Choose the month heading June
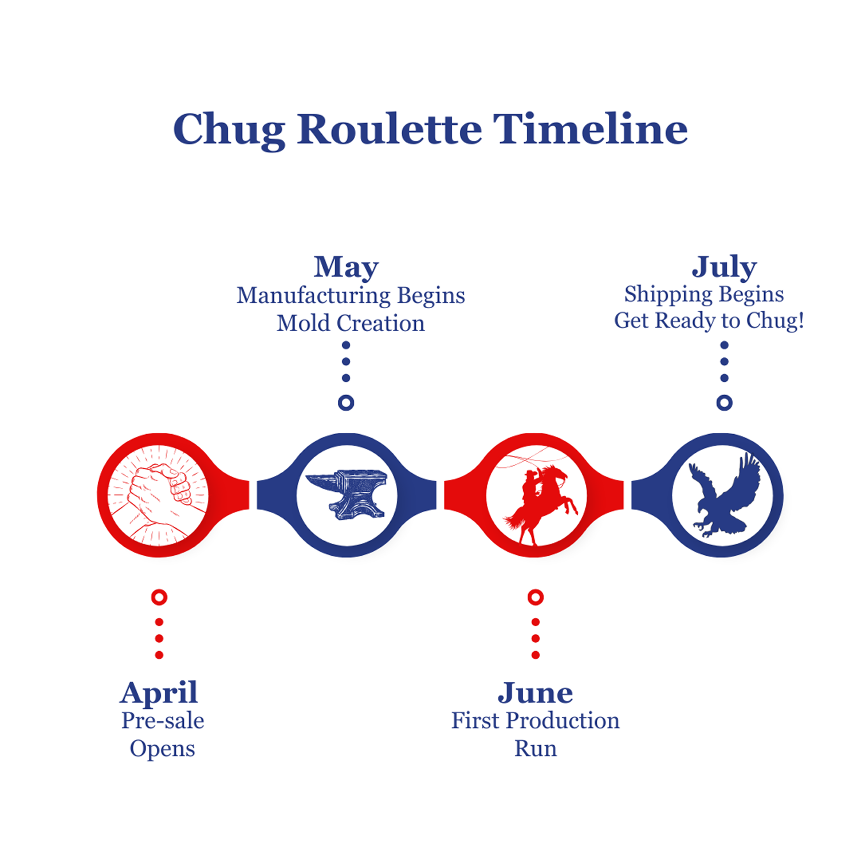pyautogui.click(x=535, y=693)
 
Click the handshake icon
pyautogui.click(x=158, y=495)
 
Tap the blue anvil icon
pyautogui.click(x=346, y=494)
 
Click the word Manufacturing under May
pyautogui.click(x=314, y=295)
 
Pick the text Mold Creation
pyautogui.click(x=351, y=323)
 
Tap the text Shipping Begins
pyautogui.click(x=704, y=295)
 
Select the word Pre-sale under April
pyautogui.click(x=163, y=721)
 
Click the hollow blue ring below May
pyautogui.click(x=346, y=402)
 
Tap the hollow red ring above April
pyautogui.click(x=159, y=597)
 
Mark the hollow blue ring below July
pyautogui.click(x=725, y=402)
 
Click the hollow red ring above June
pyautogui.click(x=535, y=597)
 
